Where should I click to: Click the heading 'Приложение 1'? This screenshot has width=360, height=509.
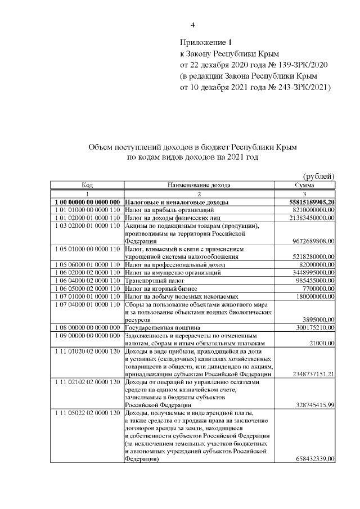[x=205, y=42]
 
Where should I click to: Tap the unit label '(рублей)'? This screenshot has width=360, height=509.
[x=319, y=176]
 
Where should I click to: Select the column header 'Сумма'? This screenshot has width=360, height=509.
[x=304, y=184]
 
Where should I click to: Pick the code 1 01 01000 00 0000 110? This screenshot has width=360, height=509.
[x=87, y=209]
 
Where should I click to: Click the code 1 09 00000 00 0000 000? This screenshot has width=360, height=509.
[x=87, y=335]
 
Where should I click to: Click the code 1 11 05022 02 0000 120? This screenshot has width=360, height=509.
[x=87, y=413]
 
